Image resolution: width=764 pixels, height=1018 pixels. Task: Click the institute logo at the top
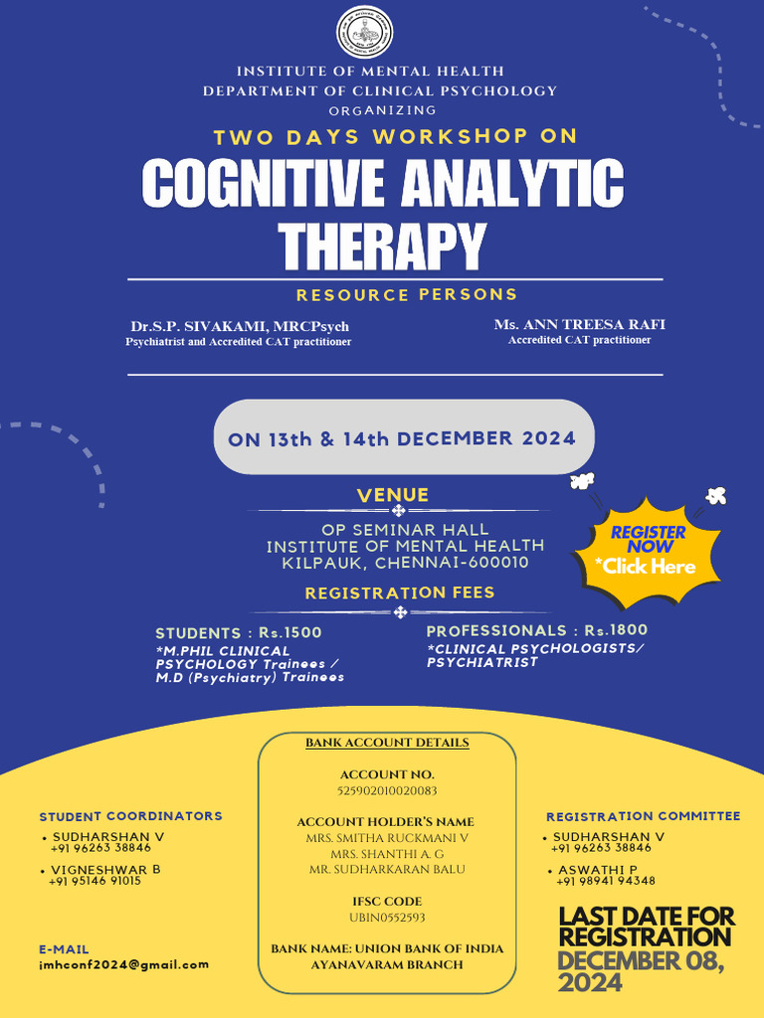[364, 32]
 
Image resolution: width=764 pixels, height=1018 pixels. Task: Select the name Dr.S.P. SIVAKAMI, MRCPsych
[240, 326]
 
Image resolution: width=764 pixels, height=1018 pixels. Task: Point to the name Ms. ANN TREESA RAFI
[580, 325]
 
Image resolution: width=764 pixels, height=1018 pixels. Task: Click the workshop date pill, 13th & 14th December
[404, 437]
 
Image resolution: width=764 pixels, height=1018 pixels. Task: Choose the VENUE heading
[392, 495]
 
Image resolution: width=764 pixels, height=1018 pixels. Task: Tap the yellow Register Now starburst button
[648, 551]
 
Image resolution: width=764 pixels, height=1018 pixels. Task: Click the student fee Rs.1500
[289, 633]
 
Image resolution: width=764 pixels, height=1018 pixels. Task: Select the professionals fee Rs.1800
[616, 630]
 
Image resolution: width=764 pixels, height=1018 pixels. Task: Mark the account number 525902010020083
[387, 790]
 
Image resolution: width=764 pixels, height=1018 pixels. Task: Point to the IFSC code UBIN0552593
[387, 918]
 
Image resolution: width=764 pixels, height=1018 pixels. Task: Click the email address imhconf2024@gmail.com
[124, 964]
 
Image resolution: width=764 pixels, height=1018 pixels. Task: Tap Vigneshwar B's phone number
[95, 881]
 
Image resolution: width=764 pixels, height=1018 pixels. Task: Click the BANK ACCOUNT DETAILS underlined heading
[387, 743]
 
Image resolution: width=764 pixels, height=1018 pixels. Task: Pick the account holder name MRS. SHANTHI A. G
[387, 854]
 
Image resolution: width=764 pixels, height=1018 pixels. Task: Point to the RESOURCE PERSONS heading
[407, 294]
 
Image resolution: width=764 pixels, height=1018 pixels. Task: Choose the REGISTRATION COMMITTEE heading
[644, 816]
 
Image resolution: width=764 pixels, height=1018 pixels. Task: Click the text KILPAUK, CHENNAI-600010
[406, 563]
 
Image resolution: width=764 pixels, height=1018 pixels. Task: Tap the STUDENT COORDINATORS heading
[130, 816]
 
